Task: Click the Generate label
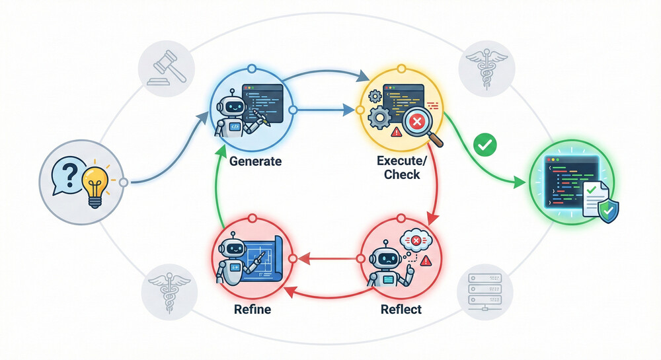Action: click(x=256, y=161)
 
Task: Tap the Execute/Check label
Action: click(x=398, y=167)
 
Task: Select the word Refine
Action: click(x=252, y=308)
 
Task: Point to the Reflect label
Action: click(x=401, y=308)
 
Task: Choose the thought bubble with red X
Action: click(x=416, y=242)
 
